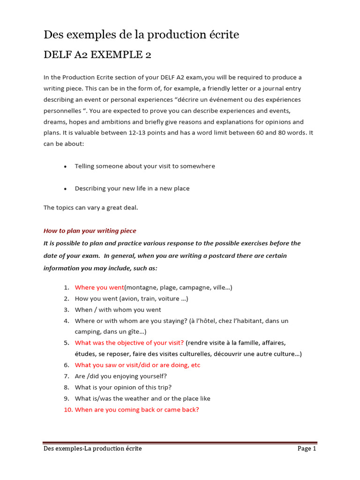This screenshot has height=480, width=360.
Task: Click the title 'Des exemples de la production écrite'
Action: (141, 35)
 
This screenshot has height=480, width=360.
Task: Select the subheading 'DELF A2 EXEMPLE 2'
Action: (97, 55)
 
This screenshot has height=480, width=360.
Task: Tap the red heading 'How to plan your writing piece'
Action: (90, 231)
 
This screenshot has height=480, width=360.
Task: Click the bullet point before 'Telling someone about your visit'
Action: (65, 166)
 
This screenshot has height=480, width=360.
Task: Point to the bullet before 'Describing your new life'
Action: (65, 189)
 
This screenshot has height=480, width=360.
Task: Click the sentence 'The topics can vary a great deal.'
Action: (90, 208)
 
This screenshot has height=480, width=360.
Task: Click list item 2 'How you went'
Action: (131, 299)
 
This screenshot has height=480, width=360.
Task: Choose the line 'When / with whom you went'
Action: (118, 310)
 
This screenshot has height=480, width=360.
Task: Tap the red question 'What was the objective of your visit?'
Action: (129, 343)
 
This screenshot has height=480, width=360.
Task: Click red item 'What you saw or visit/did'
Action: (137, 365)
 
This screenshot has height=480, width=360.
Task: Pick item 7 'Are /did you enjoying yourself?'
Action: (120, 376)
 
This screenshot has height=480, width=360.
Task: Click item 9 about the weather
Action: (142, 398)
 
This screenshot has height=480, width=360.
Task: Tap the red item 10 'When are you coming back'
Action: (137, 410)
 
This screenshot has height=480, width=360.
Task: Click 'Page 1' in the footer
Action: (307, 449)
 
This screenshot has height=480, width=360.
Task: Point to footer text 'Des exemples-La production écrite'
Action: (93, 449)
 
